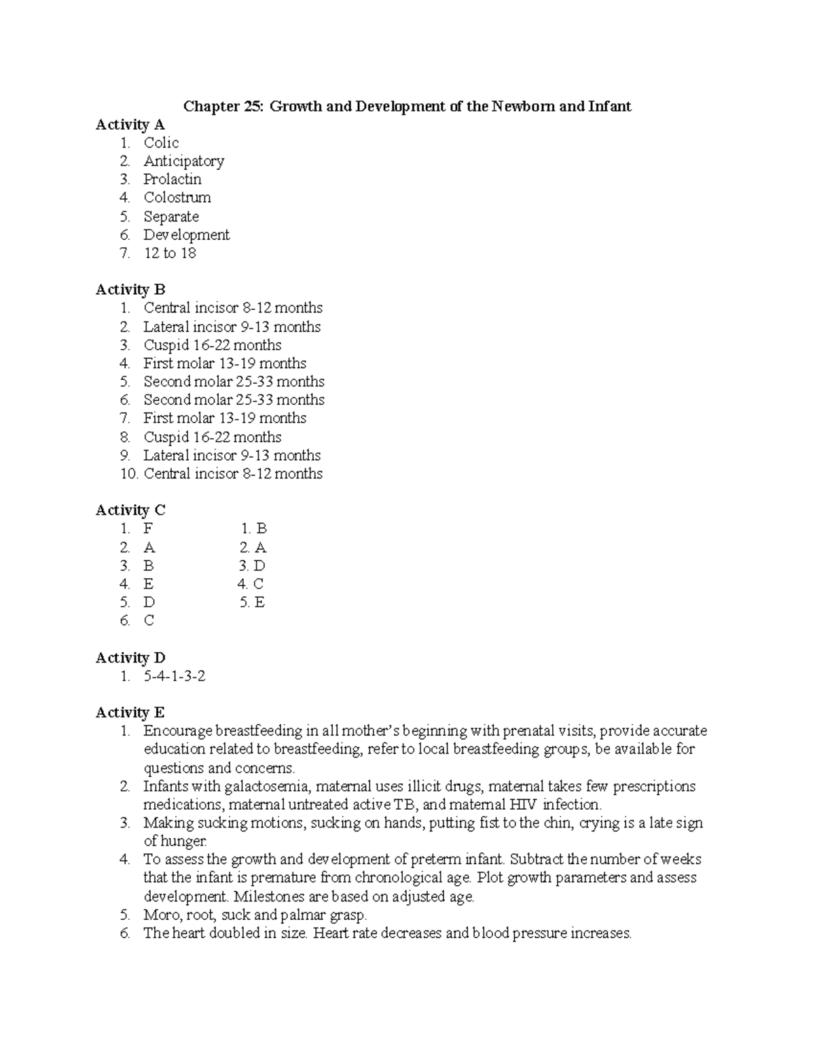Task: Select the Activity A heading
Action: [130, 125]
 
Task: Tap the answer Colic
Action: [161, 143]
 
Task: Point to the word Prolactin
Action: [172, 180]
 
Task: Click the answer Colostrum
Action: [177, 198]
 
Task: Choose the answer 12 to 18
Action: [170, 253]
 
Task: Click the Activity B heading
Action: [130, 290]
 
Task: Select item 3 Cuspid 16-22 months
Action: [212, 345]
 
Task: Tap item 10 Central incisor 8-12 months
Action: [232, 474]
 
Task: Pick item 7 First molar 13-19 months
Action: [224, 418]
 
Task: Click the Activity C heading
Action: [130, 510]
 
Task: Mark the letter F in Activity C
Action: [148, 529]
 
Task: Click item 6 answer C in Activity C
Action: [149, 621]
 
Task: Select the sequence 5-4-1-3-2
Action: [174, 677]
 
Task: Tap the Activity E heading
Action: [130, 713]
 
